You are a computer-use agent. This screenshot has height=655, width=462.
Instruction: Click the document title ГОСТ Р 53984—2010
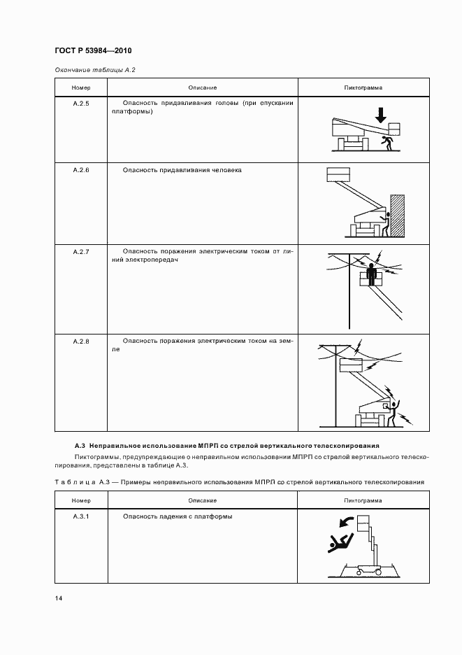coord(93,51)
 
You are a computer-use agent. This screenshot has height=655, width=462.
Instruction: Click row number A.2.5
coord(81,103)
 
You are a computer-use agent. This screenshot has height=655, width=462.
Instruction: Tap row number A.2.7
coord(81,251)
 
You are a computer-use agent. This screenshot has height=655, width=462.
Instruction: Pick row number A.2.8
coord(81,341)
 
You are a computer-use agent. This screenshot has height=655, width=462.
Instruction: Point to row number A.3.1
coord(81,516)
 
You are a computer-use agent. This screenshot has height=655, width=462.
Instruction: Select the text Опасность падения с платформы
coord(177,516)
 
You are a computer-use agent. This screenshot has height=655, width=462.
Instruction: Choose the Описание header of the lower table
coord(202,500)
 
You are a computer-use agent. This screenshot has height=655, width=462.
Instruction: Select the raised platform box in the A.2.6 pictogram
coord(338,175)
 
